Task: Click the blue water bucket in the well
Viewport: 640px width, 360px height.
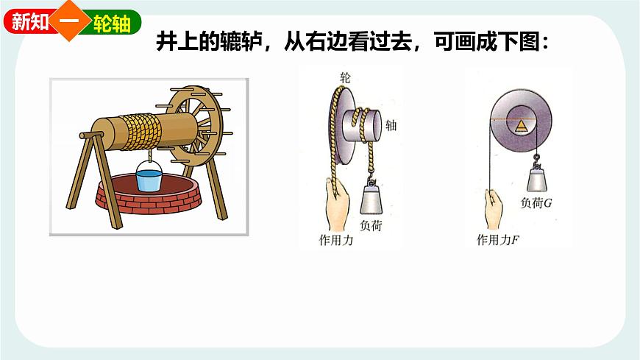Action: pos(149,180)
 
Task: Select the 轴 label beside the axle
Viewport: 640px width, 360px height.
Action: pos(391,126)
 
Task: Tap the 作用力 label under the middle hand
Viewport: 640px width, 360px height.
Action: pos(336,240)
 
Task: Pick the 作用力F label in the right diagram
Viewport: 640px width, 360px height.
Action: pos(499,239)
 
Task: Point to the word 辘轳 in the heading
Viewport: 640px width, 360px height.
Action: pos(238,42)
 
